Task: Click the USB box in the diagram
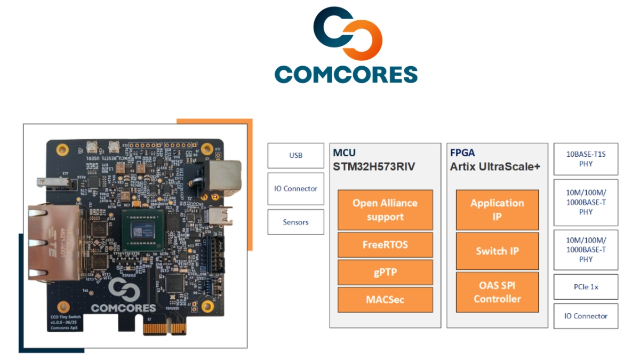coord(295,155)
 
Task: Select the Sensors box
coord(295,222)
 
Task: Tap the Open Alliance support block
coord(385,210)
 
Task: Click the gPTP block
coord(385,273)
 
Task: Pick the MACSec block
coord(385,300)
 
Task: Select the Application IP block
coord(497,210)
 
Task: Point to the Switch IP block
coord(497,251)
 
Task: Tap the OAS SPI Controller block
coord(497,292)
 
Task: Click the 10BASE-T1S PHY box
coord(586,159)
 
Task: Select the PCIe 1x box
coord(586,287)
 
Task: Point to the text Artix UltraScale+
coord(495,166)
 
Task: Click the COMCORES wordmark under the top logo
coord(346,74)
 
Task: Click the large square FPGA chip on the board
coord(140,228)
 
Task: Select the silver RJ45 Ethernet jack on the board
coord(53,243)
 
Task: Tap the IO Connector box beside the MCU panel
coord(295,188)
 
